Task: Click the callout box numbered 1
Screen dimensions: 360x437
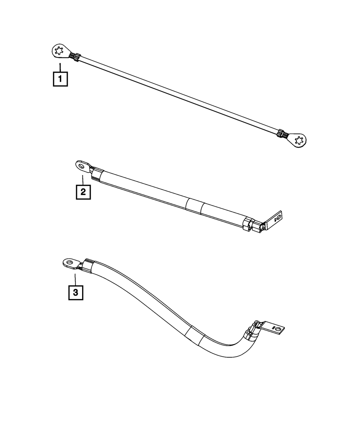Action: pyautogui.click(x=60, y=79)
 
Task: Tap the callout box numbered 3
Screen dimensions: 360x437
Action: pyautogui.click(x=76, y=293)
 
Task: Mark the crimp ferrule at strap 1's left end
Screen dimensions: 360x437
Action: pyautogui.click(x=75, y=57)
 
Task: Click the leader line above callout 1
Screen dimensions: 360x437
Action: pyautogui.click(x=60, y=67)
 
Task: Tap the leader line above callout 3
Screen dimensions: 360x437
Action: pyautogui.click(x=76, y=280)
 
